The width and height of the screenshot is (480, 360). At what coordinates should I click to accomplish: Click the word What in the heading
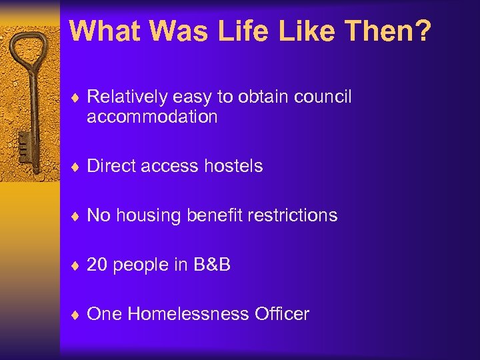point(105,31)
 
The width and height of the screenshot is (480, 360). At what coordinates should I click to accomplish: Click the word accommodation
point(152,117)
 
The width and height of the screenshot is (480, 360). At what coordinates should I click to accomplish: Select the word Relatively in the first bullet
point(127,97)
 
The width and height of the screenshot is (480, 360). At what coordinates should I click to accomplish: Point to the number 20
point(97,265)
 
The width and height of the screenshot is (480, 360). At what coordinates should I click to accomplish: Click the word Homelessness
point(191,314)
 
